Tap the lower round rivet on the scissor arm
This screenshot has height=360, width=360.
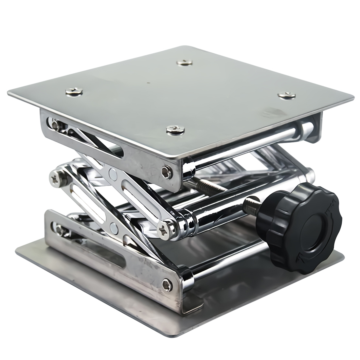pos(114,225)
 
